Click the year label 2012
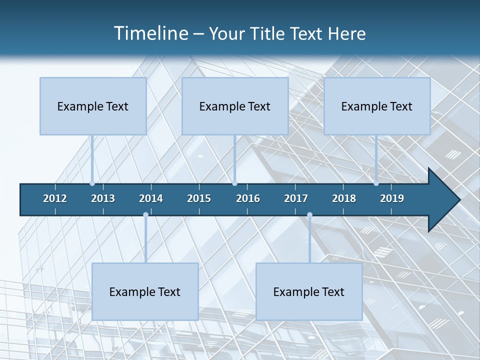(x=55, y=198)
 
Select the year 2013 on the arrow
(x=103, y=198)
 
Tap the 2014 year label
(x=151, y=198)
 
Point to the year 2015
(x=199, y=198)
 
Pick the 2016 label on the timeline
(x=248, y=198)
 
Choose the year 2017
(x=296, y=198)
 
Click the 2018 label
(x=344, y=198)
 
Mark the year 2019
(x=392, y=198)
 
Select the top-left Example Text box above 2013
(x=93, y=106)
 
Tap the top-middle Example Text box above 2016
(x=235, y=106)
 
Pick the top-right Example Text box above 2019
(x=377, y=106)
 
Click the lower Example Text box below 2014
(x=145, y=291)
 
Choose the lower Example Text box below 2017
(x=309, y=291)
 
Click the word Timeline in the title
(x=150, y=33)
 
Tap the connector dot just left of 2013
(x=92, y=183)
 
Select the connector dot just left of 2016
(x=234, y=183)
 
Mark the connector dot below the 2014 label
(x=145, y=215)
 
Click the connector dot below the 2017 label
(x=309, y=215)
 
